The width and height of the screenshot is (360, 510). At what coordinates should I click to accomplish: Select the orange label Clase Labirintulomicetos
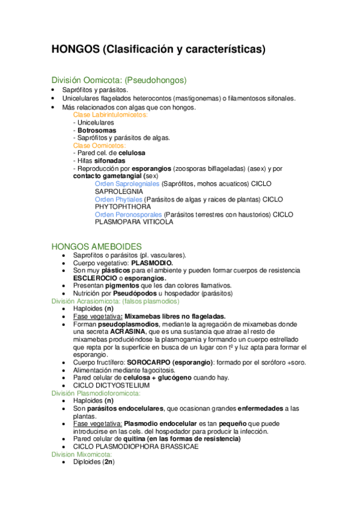click(111, 114)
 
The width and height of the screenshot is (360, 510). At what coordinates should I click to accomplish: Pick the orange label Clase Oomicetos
click(100, 146)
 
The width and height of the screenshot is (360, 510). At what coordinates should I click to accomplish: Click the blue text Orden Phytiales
click(118, 198)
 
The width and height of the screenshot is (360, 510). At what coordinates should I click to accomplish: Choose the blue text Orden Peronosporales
click(129, 214)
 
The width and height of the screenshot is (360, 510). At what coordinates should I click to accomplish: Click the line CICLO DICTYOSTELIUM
click(111, 386)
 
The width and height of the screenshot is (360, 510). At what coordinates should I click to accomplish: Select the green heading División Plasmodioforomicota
click(96, 393)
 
